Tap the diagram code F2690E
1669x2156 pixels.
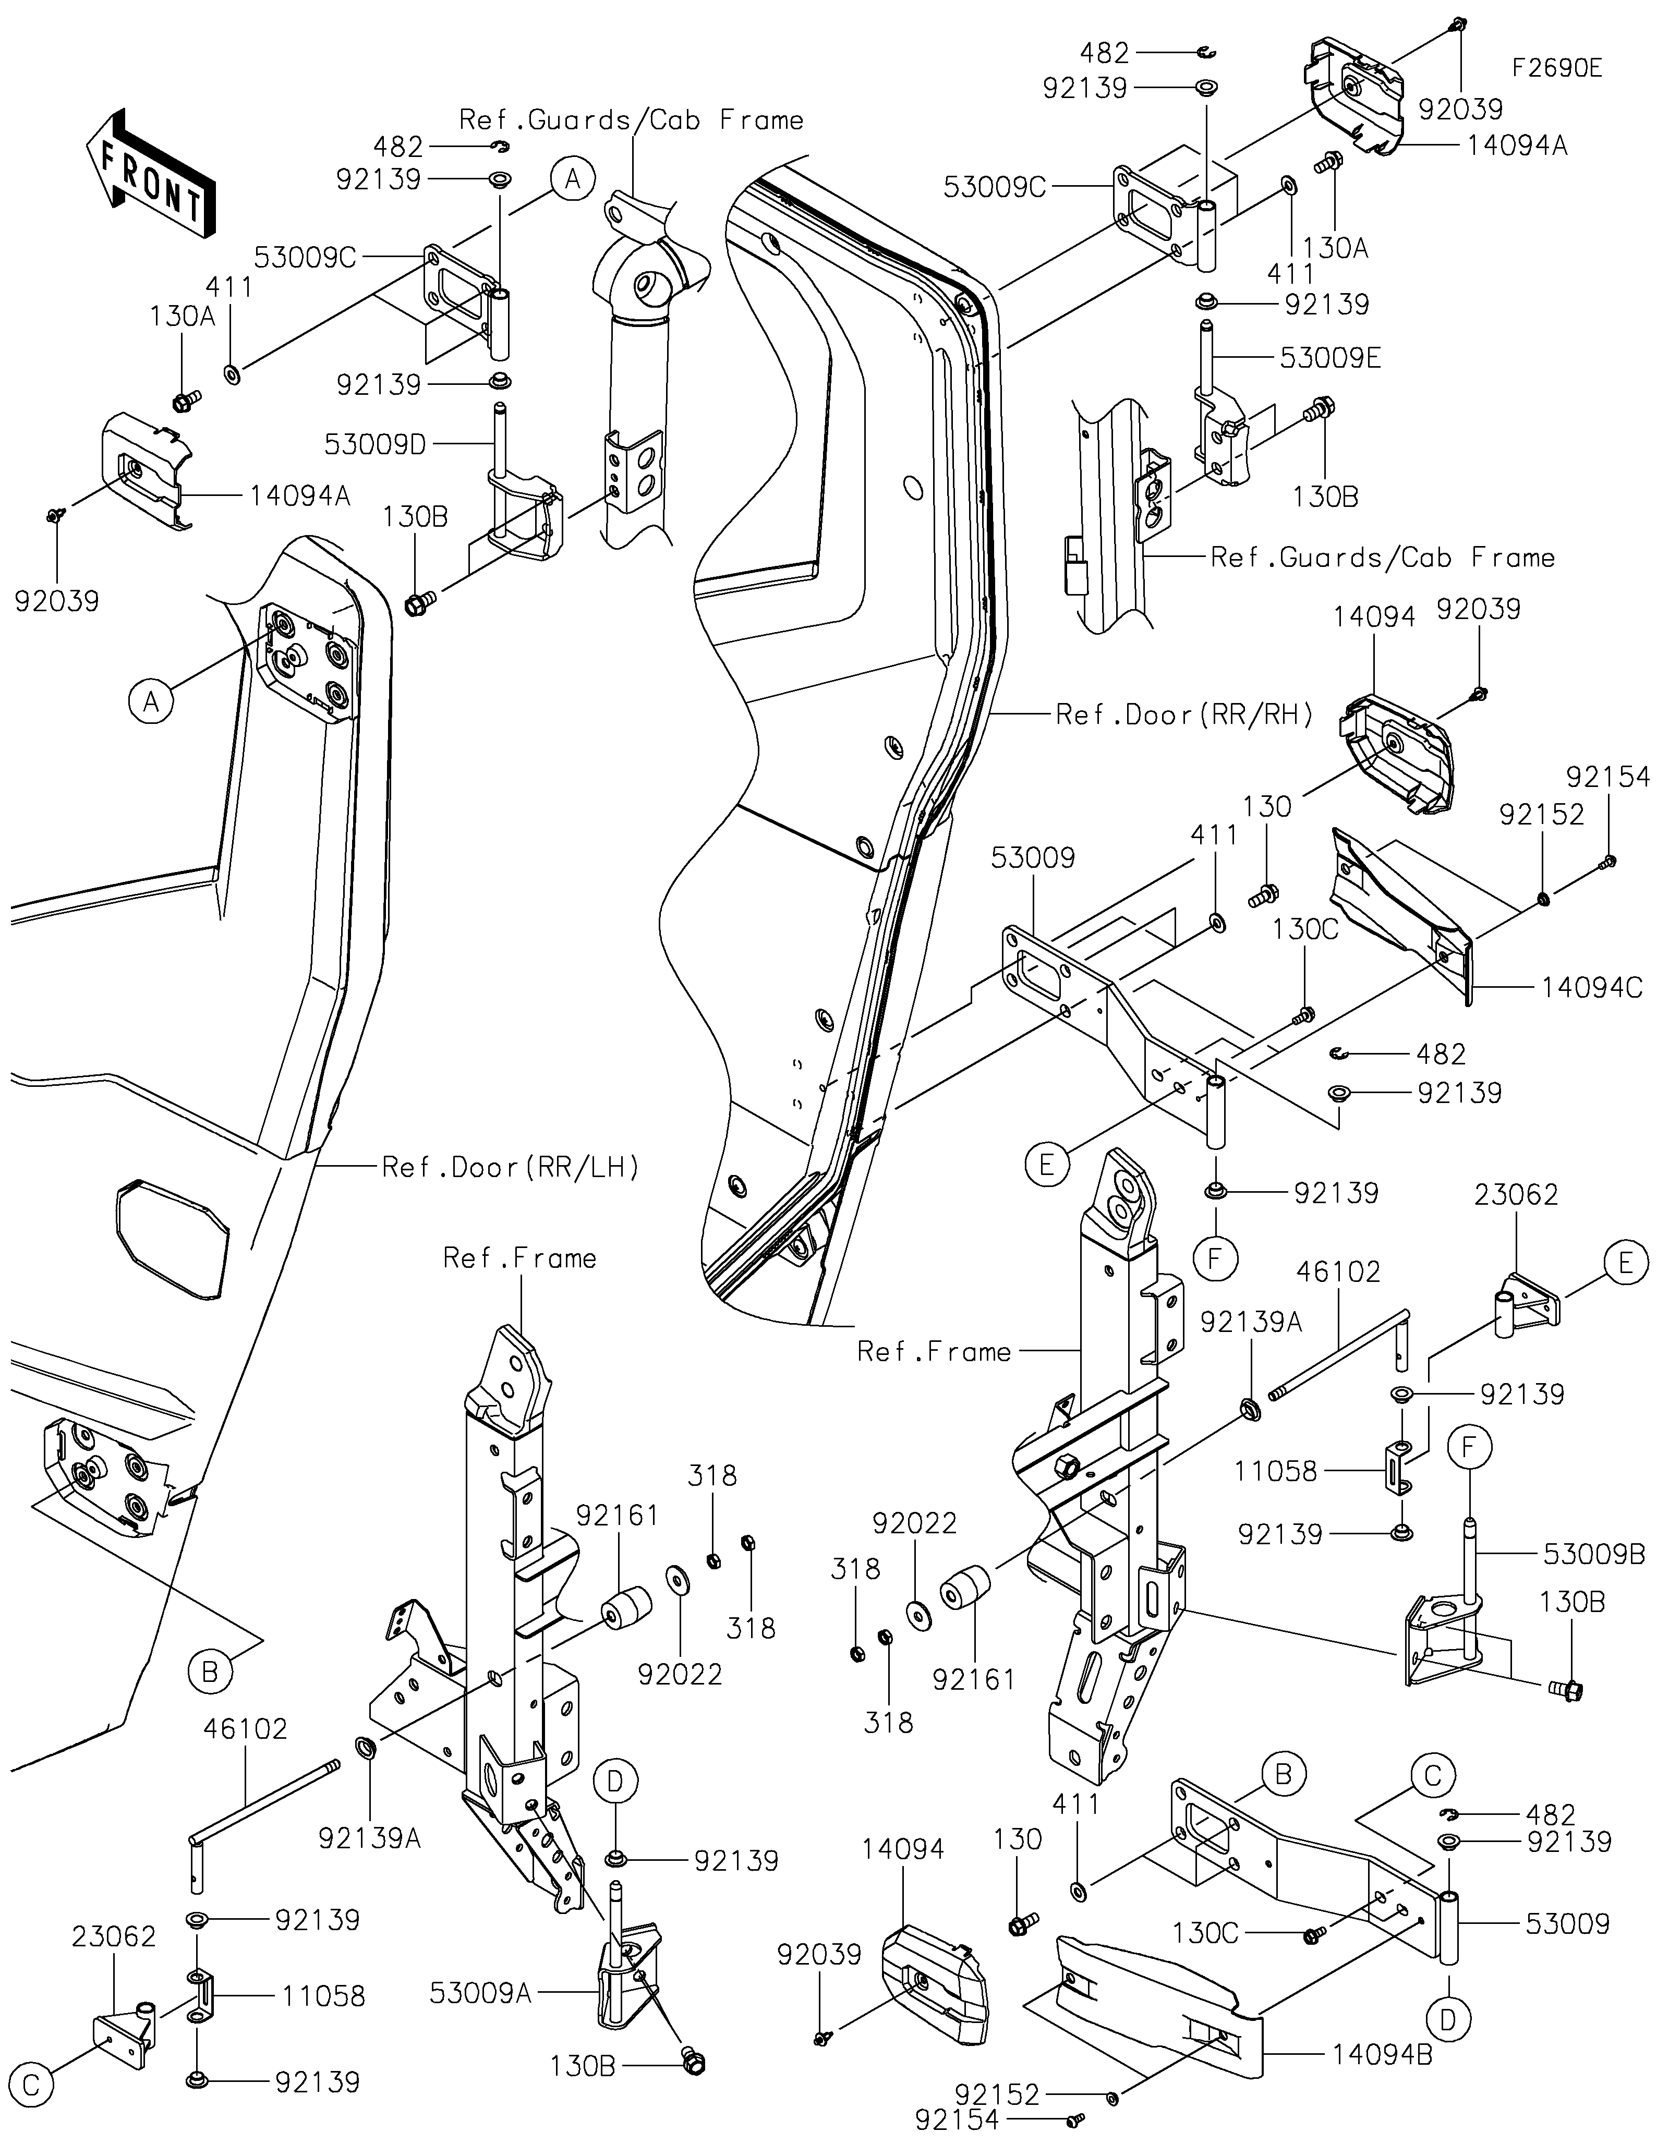[x=1556, y=68]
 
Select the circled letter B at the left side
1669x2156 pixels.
[x=209, y=1672]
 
